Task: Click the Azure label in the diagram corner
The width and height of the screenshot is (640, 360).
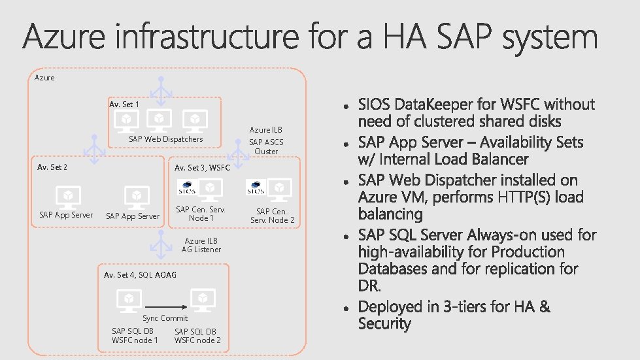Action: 44,78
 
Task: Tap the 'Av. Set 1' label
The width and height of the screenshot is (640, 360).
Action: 124,105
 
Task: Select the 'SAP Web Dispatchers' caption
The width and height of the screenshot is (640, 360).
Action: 166,139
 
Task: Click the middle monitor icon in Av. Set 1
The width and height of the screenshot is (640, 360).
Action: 159,119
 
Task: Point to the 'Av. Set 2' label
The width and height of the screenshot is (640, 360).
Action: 52,167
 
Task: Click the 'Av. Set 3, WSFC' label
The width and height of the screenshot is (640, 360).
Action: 202,168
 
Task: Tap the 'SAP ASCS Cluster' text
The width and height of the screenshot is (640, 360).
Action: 266,146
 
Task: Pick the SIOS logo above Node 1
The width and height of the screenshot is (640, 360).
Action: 187,188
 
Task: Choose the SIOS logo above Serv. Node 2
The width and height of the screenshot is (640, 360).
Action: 256,188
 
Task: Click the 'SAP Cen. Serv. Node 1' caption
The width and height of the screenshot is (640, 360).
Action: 201,214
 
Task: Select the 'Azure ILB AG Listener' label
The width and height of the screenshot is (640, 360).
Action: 202,245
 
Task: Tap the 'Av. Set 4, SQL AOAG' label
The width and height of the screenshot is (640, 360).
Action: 140,275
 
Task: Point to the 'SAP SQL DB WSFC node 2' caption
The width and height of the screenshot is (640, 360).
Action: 197,336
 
